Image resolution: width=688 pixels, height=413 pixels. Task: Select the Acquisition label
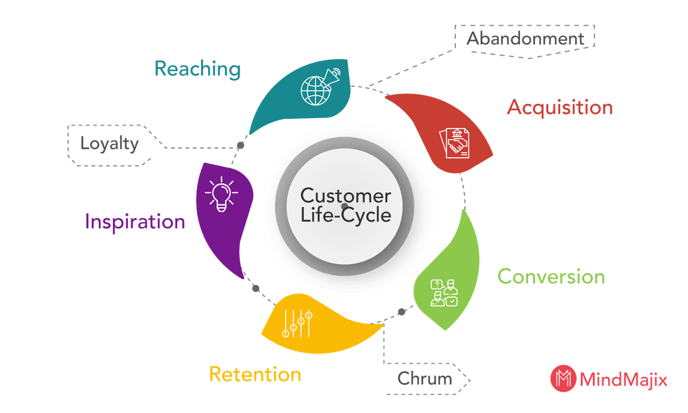coord(560,107)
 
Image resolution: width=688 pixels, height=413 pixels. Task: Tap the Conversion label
coord(550,276)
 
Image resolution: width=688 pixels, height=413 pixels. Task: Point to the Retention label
coord(255,375)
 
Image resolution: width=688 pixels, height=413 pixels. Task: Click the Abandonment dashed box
coord(525,38)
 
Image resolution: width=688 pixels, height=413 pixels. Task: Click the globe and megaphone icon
coord(319,87)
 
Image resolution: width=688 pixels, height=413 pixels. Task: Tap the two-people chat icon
coord(444,293)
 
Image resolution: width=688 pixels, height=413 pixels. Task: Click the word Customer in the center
coord(346,196)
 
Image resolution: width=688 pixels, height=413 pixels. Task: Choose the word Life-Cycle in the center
coord(346,215)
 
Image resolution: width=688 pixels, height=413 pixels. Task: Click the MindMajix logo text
coord(623,380)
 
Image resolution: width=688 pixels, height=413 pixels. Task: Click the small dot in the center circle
coord(344,205)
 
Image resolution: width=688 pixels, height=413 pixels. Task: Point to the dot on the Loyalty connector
coord(241,145)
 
